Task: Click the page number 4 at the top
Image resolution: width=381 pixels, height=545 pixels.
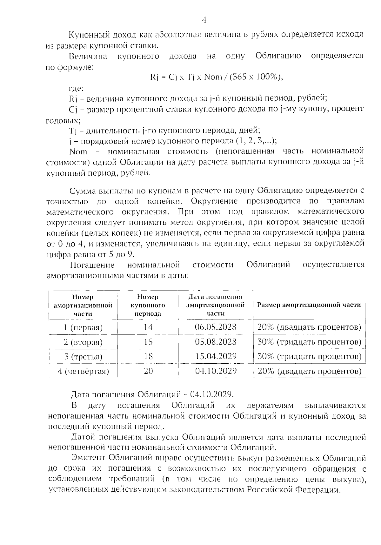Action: pos(204,20)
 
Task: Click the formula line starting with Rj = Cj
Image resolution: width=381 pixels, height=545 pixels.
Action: pos(216,77)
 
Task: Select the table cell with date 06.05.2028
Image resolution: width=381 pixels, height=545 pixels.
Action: pos(216,327)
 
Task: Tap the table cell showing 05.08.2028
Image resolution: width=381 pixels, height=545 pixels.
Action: pos(216,342)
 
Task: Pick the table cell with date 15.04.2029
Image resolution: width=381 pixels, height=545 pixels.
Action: pos(216,356)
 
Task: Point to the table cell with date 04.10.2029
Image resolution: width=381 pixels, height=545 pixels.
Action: pos(216,371)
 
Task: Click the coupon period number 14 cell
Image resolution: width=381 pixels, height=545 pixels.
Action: pos(148,327)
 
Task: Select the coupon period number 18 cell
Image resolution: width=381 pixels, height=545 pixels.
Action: pos(148,356)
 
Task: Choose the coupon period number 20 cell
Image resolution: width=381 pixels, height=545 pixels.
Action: pos(148,371)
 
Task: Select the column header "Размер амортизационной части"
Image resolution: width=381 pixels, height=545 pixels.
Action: pos(309,305)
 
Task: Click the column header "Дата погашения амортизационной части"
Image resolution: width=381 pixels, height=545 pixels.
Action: pos(215,305)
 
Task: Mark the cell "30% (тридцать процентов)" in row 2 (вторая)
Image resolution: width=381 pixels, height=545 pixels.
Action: pos(309,342)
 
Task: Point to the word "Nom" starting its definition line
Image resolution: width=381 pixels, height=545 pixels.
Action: pos(78,151)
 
